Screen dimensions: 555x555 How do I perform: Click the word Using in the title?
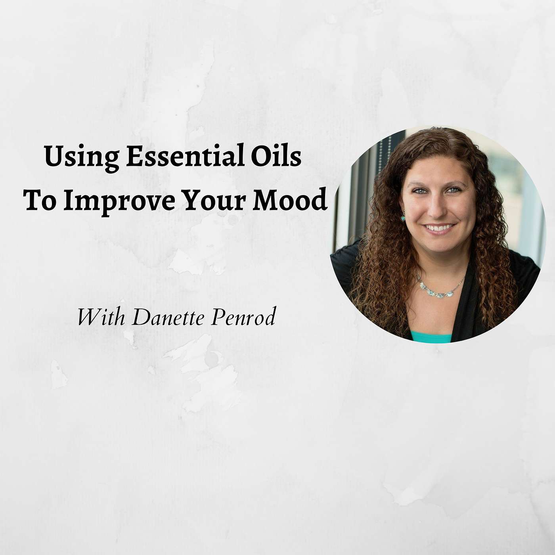(x=82, y=158)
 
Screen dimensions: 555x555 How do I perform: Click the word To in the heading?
(x=40, y=199)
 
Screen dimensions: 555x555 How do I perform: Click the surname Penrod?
(x=243, y=316)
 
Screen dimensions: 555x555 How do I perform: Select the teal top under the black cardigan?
(x=431, y=337)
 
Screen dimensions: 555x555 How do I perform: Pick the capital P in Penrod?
(x=219, y=316)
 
